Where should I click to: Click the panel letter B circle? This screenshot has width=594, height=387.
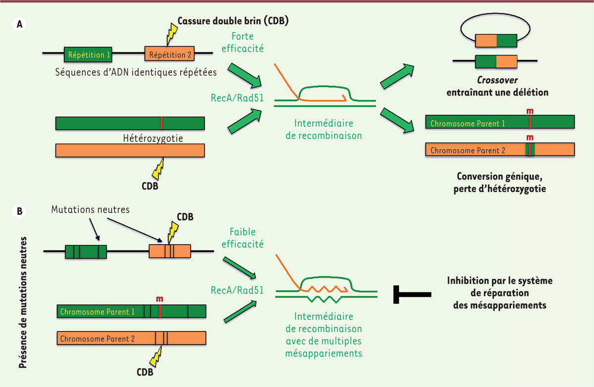pos(20,212)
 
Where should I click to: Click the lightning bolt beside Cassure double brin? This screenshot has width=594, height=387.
pos(171,34)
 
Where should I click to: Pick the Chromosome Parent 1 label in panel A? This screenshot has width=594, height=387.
pos(467,124)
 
